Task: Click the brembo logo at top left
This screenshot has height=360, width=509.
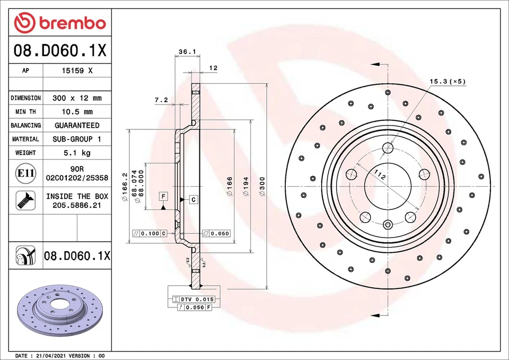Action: (x=60, y=23)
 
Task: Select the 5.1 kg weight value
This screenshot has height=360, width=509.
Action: (x=77, y=153)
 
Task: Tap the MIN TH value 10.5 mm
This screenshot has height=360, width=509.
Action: (x=77, y=112)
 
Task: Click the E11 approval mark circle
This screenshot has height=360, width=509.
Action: (x=25, y=173)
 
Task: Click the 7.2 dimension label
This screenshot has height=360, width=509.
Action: (x=161, y=100)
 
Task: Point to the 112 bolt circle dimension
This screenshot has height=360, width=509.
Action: (x=379, y=176)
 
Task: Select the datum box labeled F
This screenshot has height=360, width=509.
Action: (x=163, y=197)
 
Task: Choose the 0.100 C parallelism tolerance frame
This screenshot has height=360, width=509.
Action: (x=150, y=233)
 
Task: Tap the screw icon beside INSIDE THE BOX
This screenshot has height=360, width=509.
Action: (x=25, y=200)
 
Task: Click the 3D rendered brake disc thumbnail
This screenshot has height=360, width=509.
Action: (x=55, y=313)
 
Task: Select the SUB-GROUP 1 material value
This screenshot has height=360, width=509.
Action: (x=77, y=139)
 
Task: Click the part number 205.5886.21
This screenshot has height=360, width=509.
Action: (x=77, y=205)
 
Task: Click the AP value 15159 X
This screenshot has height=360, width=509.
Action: (x=77, y=71)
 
